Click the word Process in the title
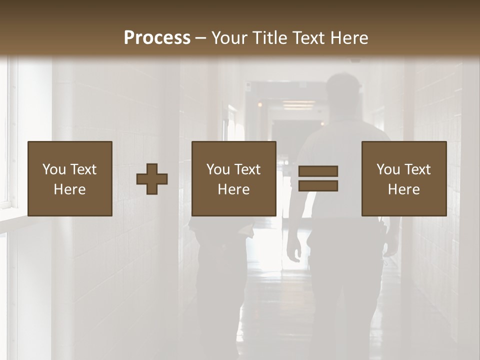[x=157, y=37]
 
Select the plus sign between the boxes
[x=152, y=179]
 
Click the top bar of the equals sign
[x=318, y=171]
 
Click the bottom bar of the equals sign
[x=318, y=186]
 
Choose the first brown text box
[x=70, y=178]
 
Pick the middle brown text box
[x=234, y=178]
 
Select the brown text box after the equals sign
[x=404, y=178]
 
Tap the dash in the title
[x=201, y=38]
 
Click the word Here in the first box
[x=70, y=189]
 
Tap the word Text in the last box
[x=417, y=169]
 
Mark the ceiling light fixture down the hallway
[x=298, y=104]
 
